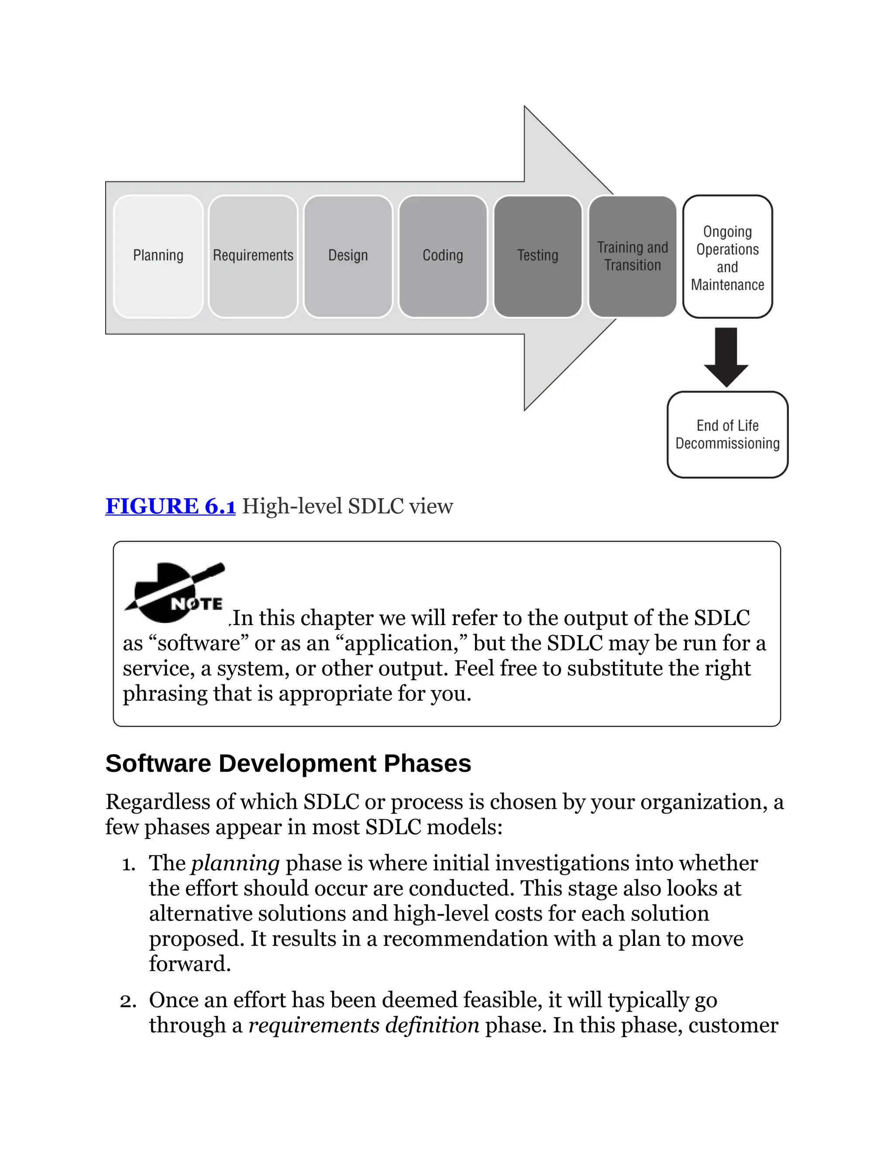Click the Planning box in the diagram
158,256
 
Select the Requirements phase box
253,256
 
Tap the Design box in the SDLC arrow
347,256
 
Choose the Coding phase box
443,256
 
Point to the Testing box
537,256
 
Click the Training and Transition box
633,256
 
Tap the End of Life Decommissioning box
727,434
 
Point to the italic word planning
235,863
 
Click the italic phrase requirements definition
364,1025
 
